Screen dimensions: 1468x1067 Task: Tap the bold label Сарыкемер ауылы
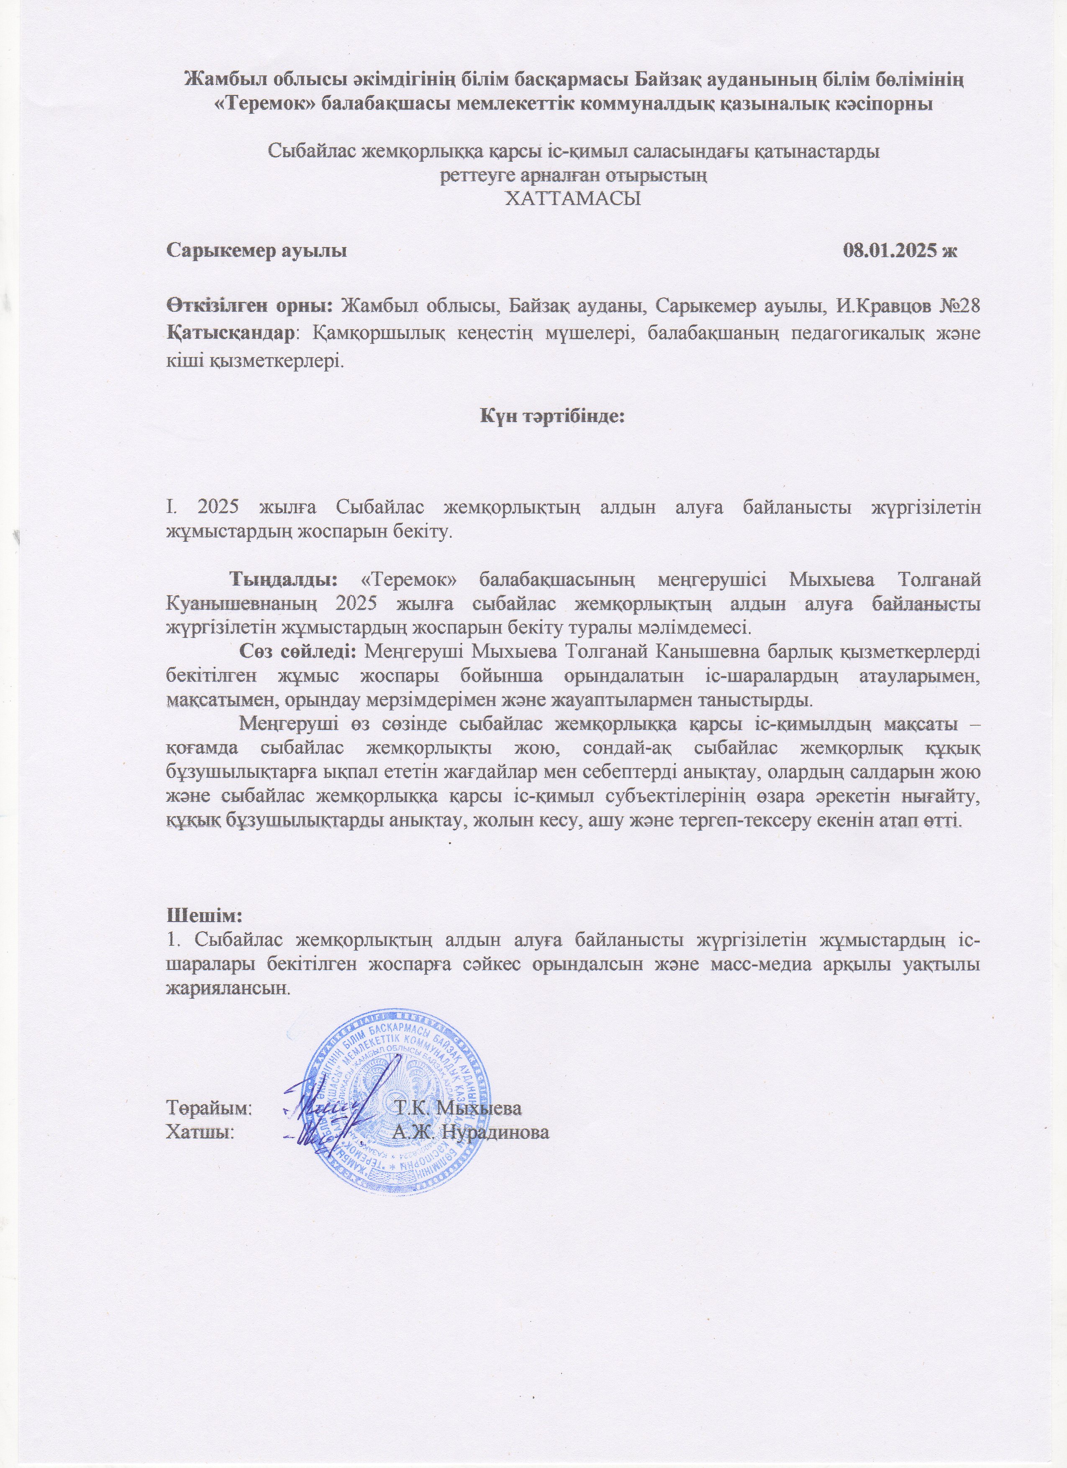(x=257, y=251)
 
